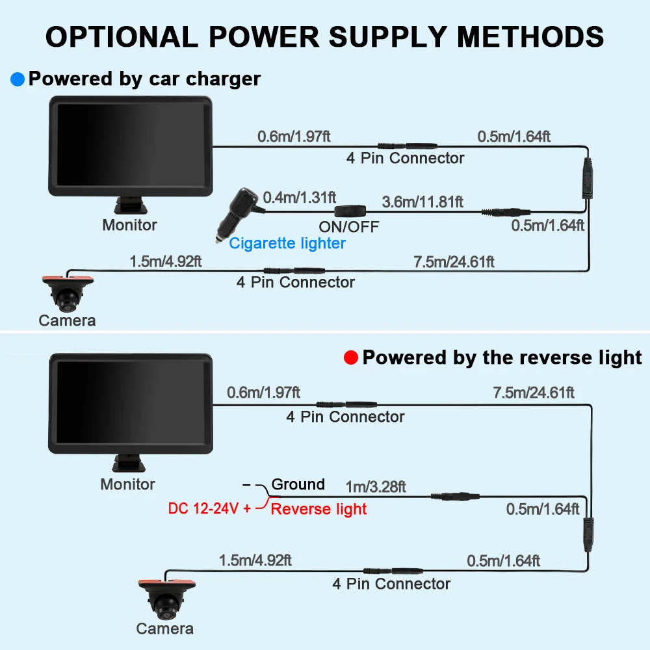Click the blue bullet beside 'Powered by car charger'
click(x=18, y=79)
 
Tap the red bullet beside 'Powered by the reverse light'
click(x=351, y=357)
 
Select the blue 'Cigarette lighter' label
click(x=287, y=243)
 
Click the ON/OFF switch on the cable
click(x=350, y=211)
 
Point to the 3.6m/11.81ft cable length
click(x=422, y=202)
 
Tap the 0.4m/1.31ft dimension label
click(x=299, y=198)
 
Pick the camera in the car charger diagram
click(x=68, y=294)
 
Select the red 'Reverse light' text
click(x=318, y=509)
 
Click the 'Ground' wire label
click(x=298, y=484)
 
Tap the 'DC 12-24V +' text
click(x=209, y=509)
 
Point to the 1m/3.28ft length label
click(x=376, y=487)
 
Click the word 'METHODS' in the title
click(x=530, y=37)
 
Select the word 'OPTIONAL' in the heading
click(x=122, y=37)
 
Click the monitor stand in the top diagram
click(x=131, y=205)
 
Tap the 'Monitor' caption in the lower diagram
click(x=127, y=484)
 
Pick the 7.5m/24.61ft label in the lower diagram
click(x=534, y=393)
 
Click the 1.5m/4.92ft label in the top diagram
click(x=165, y=261)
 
